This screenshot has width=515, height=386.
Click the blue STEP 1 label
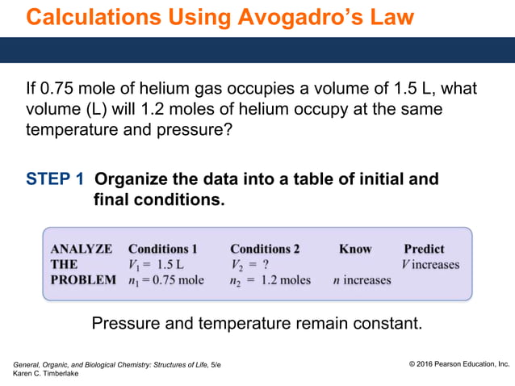pyautogui.click(x=56, y=179)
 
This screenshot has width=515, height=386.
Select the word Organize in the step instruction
pyautogui.click(x=137, y=179)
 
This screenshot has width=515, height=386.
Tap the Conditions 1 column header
pyautogui.click(x=162, y=249)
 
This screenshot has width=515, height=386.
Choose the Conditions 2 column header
pyautogui.click(x=265, y=249)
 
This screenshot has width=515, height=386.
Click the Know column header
pyautogui.click(x=354, y=249)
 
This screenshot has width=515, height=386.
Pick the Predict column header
pyautogui.click(x=424, y=249)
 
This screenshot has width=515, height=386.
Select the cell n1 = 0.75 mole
pyautogui.click(x=165, y=281)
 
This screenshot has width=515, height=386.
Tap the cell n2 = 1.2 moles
pyautogui.click(x=270, y=281)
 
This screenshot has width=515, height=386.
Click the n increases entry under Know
pyautogui.click(x=362, y=281)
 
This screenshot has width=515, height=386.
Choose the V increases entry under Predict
pyautogui.click(x=430, y=265)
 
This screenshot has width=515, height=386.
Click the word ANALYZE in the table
pyautogui.click(x=82, y=249)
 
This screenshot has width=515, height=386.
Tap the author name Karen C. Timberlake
pyautogui.click(x=46, y=373)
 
